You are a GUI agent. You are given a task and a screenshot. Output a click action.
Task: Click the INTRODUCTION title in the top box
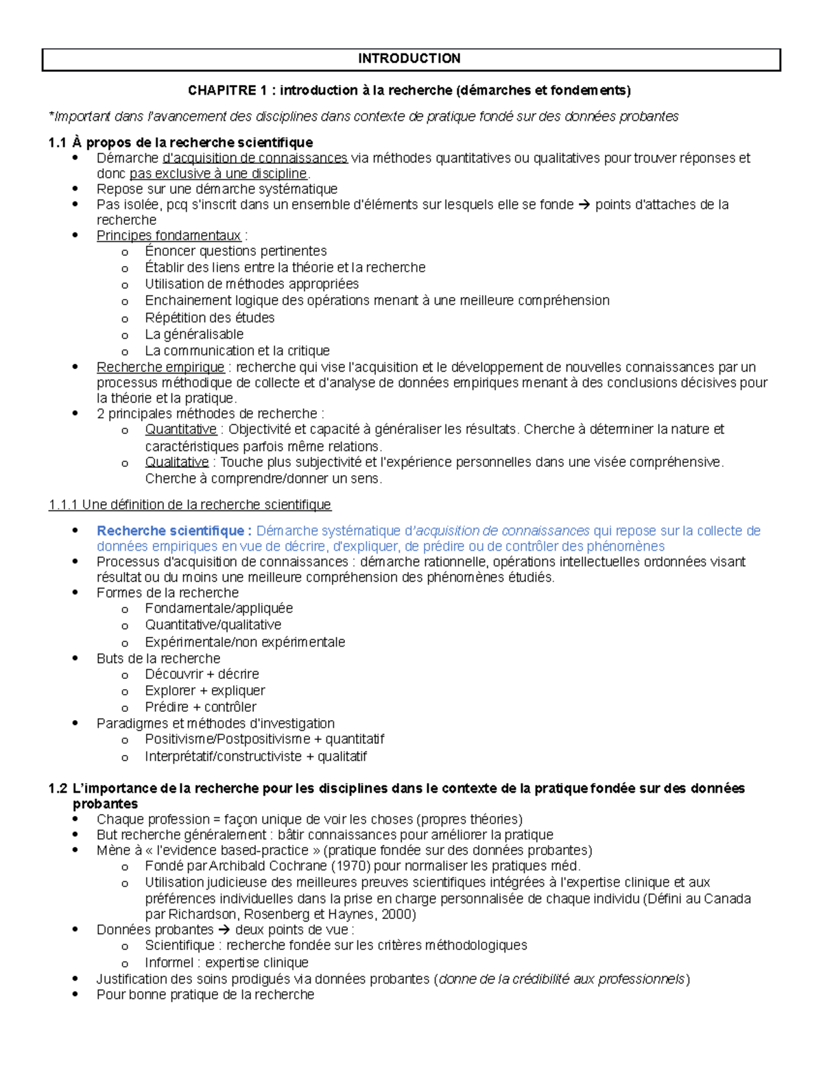(x=409, y=58)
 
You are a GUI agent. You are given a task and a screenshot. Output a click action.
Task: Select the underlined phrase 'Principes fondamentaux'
(x=169, y=236)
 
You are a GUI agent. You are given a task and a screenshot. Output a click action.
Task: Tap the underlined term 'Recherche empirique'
(x=160, y=368)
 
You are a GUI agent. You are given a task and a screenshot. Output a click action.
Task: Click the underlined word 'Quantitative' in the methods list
(x=180, y=429)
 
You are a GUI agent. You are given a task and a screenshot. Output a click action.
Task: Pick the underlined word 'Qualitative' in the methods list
(x=176, y=462)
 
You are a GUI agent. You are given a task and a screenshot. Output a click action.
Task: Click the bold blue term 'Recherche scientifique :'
(x=174, y=531)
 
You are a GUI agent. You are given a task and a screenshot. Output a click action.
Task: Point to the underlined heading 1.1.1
(x=189, y=505)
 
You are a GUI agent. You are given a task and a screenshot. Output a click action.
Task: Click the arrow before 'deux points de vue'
(x=224, y=930)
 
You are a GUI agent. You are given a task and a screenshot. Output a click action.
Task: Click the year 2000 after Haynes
(x=398, y=915)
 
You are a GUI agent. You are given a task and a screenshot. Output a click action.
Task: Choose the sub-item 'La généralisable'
(x=194, y=335)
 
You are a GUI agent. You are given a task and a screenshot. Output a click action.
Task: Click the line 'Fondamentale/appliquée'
(x=219, y=608)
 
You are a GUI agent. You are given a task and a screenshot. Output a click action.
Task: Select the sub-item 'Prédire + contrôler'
(x=200, y=707)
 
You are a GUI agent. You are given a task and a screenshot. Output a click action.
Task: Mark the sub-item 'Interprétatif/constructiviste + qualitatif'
(x=255, y=756)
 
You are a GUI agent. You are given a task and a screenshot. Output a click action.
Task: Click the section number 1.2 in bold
(x=58, y=789)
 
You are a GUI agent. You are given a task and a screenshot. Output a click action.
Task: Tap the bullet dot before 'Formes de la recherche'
(x=76, y=593)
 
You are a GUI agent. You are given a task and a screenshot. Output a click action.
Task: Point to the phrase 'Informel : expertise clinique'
(x=226, y=963)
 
